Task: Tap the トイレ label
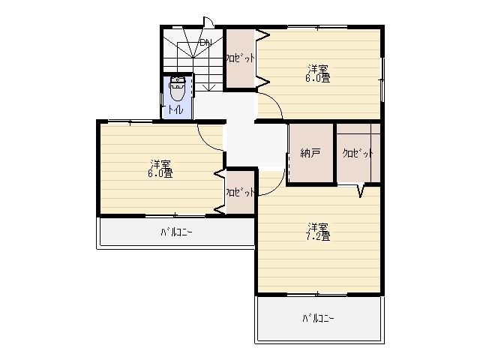click(175, 110)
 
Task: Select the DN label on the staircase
click(205, 42)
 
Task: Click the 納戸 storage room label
click(310, 153)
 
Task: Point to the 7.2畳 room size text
click(318, 236)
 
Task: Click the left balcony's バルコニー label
click(176, 232)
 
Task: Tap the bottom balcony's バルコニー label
click(318, 318)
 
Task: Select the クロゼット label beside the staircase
click(241, 57)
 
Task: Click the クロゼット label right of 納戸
click(358, 153)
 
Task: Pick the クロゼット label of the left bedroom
click(239, 191)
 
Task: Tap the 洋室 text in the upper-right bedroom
click(318, 67)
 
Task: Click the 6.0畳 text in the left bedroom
click(160, 173)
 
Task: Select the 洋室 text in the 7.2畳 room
click(318, 226)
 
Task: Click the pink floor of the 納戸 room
click(310, 169)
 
